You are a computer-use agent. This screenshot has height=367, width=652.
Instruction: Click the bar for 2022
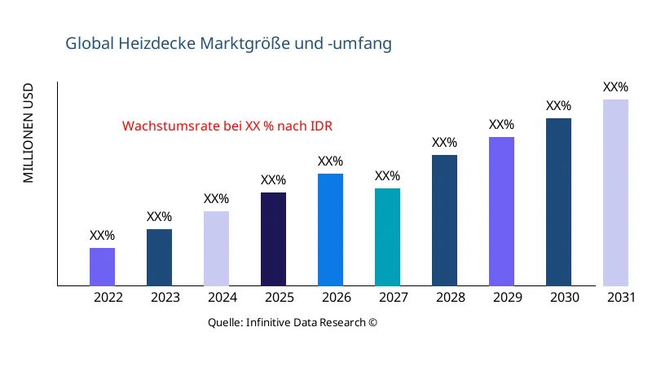point(102,267)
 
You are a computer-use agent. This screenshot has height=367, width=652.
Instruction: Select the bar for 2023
point(159,258)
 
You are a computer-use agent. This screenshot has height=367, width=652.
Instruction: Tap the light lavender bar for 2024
point(216,249)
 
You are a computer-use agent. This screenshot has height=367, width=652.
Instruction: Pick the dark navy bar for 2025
point(273,239)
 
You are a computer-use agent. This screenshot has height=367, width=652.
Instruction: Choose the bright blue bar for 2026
point(330,230)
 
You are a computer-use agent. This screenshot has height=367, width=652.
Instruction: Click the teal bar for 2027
point(387,237)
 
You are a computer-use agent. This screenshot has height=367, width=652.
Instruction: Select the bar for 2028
point(444,220)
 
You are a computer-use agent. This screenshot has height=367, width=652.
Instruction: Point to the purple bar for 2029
point(501,211)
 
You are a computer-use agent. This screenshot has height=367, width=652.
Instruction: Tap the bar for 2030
point(558,202)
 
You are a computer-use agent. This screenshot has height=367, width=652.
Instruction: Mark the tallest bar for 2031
point(615,192)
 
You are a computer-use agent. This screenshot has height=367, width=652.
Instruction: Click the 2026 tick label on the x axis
point(337,298)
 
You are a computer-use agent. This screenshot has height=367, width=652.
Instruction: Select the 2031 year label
point(622,298)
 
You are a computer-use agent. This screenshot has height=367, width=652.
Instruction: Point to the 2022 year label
point(108,298)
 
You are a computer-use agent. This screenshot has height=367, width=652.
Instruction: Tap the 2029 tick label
point(508,298)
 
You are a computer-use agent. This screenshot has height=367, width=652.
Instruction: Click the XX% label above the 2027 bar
point(387,176)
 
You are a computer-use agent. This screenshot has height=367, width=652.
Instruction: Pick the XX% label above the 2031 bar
point(615,87)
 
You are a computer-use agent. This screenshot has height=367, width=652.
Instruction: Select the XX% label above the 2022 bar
point(102,236)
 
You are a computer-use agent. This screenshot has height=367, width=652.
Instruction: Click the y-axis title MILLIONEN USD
point(29,132)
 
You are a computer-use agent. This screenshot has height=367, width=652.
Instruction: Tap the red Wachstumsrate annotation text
point(227,126)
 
